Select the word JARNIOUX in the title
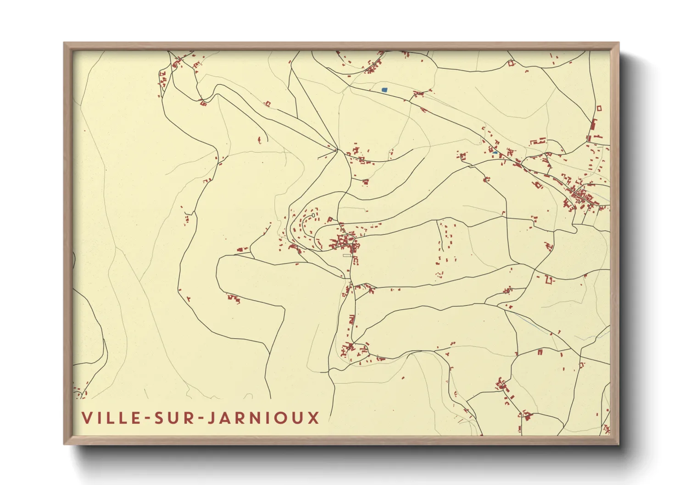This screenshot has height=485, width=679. pyautogui.click(x=263, y=418)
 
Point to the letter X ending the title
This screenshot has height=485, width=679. pyautogui.click(x=314, y=418)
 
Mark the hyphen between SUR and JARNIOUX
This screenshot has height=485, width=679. pyautogui.click(x=197, y=418)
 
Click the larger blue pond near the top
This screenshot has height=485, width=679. pyautogui.click(x=384, y=90)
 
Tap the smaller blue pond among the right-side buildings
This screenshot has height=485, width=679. pyautogui.click(x=495, y=152)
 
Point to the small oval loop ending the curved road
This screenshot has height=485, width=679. pyautogui.click(x=313, y=215)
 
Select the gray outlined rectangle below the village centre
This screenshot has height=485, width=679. pyautogui.click(x=347, y=255)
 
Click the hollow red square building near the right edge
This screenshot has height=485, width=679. pyautogui.click(x=599, y=109)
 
